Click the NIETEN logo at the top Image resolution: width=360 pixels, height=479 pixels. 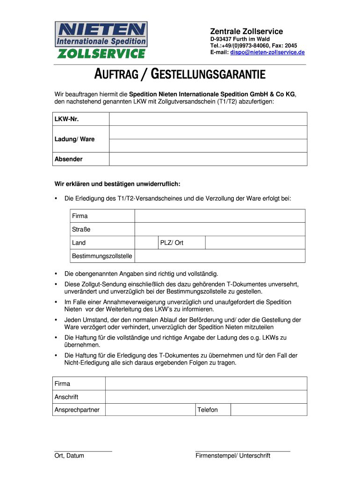[101, 40]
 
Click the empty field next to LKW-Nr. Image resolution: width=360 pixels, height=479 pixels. [208, 119]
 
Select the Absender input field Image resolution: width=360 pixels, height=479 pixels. [208, 159]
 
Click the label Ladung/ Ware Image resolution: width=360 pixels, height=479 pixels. [74, 139]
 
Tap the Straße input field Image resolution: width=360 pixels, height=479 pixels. [220, 229]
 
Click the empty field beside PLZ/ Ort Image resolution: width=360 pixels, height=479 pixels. [255, 243]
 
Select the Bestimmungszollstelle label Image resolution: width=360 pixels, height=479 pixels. [102, 256]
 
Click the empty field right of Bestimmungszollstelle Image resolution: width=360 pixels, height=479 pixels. [220, 256]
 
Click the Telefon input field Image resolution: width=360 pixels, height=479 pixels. [269, 410]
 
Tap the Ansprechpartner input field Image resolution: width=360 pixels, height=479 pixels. [150, 410]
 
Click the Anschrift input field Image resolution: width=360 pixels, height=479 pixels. [206, 397]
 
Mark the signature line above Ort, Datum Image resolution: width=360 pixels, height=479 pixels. [83, 451]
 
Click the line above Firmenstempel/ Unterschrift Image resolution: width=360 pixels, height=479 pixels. [243, 451]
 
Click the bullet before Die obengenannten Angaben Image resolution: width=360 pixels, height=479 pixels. [56, 274]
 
